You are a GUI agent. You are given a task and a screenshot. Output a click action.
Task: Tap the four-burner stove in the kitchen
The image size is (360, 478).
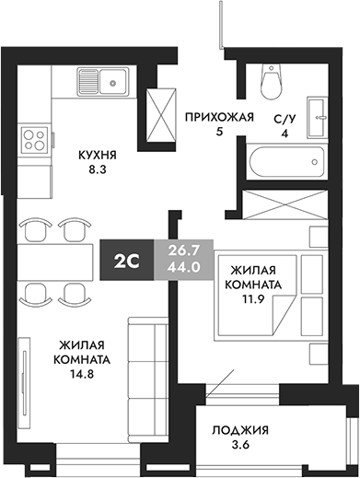38,140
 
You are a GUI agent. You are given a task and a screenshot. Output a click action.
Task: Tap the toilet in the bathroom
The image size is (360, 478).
271,80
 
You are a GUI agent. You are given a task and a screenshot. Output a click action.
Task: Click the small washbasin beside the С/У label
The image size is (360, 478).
318,112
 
